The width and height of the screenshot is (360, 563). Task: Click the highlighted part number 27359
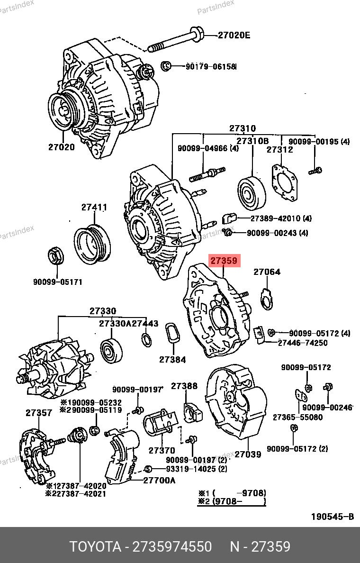(225, 260)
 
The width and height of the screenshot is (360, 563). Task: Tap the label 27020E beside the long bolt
(234, 35)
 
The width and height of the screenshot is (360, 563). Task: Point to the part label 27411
(94, 207)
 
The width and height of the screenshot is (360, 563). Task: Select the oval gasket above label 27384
(172, 336)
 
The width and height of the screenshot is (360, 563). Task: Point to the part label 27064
(267, 272)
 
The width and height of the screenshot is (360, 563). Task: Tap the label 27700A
(160, 480)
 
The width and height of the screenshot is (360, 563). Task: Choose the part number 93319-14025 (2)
(189, 469)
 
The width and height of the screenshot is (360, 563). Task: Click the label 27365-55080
(297, 418)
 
